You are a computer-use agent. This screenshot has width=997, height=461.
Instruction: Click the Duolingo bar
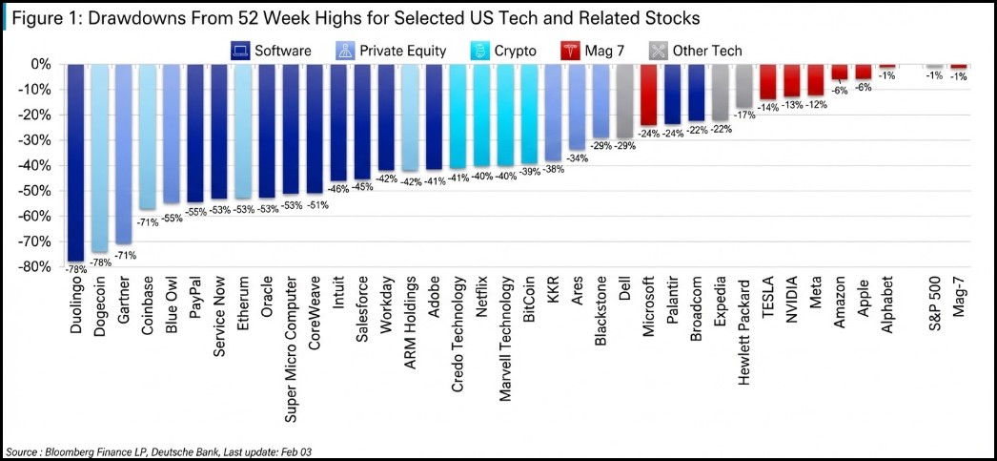click(x=75, y=163)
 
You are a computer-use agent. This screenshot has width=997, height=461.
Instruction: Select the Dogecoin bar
click(x=99, y=157)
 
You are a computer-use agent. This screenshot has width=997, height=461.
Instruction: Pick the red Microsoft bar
click(x=648, y=94)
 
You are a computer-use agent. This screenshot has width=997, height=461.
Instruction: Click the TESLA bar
click(x=768, y=82)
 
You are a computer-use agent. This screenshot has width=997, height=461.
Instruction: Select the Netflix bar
click(x=482, y=115)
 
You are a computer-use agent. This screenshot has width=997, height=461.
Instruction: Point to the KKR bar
click(x=553, y=113)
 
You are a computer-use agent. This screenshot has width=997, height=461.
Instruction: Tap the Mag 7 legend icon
click(x=568, y=51)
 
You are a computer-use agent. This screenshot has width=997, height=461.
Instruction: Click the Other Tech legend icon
click(x=658, y=51)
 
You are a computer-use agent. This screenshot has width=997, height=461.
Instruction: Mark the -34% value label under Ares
click(x=578, y=158)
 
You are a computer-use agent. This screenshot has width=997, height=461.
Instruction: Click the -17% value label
click(x=743, y=115)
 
